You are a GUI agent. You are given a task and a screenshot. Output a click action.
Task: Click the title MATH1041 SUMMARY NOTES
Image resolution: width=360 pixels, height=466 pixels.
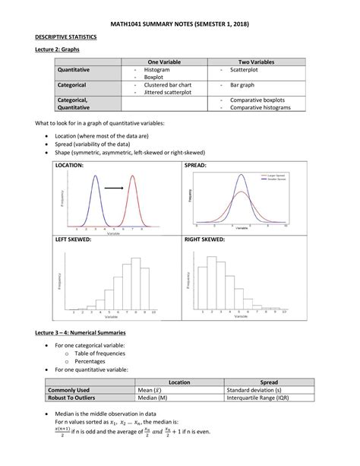(x=180, y=24)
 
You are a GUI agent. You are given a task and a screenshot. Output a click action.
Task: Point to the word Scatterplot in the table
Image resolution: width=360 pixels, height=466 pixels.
(x=245, y=68)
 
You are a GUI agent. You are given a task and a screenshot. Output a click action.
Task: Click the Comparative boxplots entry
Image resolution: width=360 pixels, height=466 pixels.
(x=257, y=100)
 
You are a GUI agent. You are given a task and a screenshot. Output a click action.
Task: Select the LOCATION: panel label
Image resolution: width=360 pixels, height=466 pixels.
(x=71, y=165)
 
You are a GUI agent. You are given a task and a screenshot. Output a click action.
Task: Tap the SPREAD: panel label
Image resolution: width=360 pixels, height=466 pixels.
(x=196, y=165)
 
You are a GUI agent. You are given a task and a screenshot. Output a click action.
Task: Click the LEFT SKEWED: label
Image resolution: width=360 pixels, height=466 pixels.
(x=74, y=239)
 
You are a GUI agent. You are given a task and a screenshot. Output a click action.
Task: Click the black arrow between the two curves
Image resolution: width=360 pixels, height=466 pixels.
(x=115, y=187)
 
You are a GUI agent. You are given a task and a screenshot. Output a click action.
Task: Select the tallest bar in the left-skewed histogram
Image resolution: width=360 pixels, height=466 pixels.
(x=136, y=282)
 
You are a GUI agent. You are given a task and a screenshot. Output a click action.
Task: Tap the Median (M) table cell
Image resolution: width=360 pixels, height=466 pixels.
(x=153, y=397)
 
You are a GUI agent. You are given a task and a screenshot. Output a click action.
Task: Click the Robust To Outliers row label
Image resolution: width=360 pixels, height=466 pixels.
(x=75, y=397)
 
